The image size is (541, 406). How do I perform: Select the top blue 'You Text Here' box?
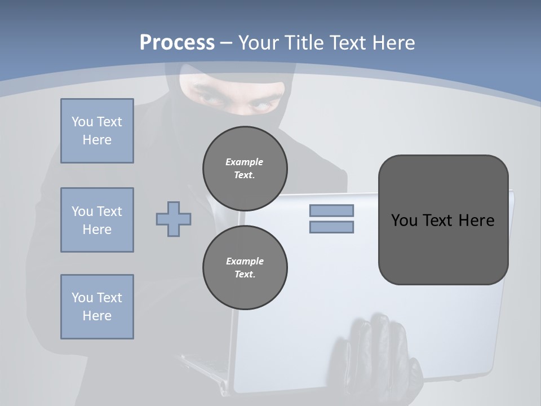(x=97, y=131)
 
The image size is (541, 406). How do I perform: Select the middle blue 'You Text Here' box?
(x=97, y=220)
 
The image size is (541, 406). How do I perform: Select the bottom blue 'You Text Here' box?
(x=97, y=307)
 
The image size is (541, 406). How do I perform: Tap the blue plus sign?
(x=174, y=219)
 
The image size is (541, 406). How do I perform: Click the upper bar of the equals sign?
(x=332, y=210)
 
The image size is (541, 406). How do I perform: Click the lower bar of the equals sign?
(x=332, y=227)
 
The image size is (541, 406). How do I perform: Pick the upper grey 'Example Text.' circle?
(x=245, y=169)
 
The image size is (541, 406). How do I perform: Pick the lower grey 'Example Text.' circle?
(x=245, y=268)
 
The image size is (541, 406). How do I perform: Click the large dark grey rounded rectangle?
(x=443, y=248)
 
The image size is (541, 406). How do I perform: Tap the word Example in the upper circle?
(x=245, y=162)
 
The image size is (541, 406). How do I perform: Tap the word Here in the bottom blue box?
(x=97, y=316)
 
